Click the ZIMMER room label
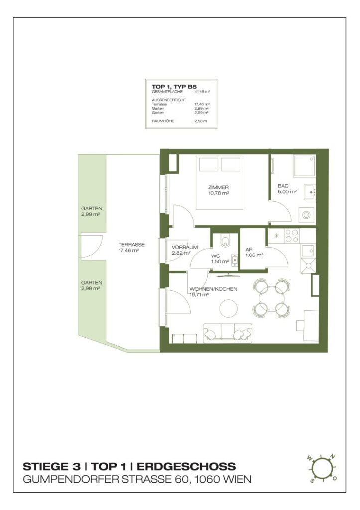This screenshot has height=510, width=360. pos(218,187)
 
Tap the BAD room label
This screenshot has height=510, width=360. pos(283,186)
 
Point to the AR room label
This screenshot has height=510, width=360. pos(249,250)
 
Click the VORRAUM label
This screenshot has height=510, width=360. pos(185,247)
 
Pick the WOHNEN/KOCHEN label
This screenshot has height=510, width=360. pos(213,289)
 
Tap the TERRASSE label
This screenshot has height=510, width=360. pos(131,245)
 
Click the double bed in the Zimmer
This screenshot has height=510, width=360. pos(220,182)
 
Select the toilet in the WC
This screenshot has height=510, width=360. pos(226,241)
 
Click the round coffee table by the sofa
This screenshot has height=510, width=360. pos(229,308)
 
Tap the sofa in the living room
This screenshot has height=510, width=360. pos(227,333)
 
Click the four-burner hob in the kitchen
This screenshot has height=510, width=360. pos(292,235)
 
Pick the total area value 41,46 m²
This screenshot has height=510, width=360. pos(201,92)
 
